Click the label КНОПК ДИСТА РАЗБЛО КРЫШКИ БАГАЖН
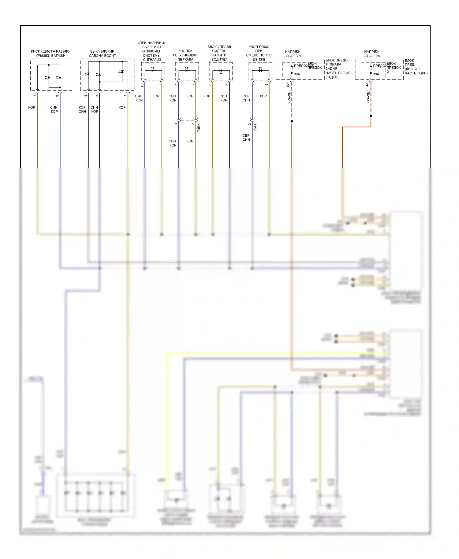[x=50, y=54]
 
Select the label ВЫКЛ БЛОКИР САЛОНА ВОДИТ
[x=102, y=54]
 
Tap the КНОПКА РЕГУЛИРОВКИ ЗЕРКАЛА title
[x=185, y=55]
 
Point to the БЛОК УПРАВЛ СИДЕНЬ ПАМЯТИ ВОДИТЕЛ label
[x=219, y=53]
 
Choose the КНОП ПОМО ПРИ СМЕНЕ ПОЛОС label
[x=259, y=53]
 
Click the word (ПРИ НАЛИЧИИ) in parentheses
[x=152, y=43]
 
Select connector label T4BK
[x=199, y=127]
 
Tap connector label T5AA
[x=256, y=127]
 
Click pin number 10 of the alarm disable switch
[x=142, y=85]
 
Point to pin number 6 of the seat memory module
[x=227, y=84]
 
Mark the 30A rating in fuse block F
[x=297, y=74]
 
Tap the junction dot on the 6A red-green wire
[x=292, y=121]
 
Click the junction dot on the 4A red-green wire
[x=371, y=116]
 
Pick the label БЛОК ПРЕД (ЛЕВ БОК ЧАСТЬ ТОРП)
[x=416, y=67]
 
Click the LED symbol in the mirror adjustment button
[x=187, y=70]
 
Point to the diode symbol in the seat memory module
[x=221, y=71]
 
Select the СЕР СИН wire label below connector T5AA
[x=246, y=138]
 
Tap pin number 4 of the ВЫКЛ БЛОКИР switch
[x=86, y=96]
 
